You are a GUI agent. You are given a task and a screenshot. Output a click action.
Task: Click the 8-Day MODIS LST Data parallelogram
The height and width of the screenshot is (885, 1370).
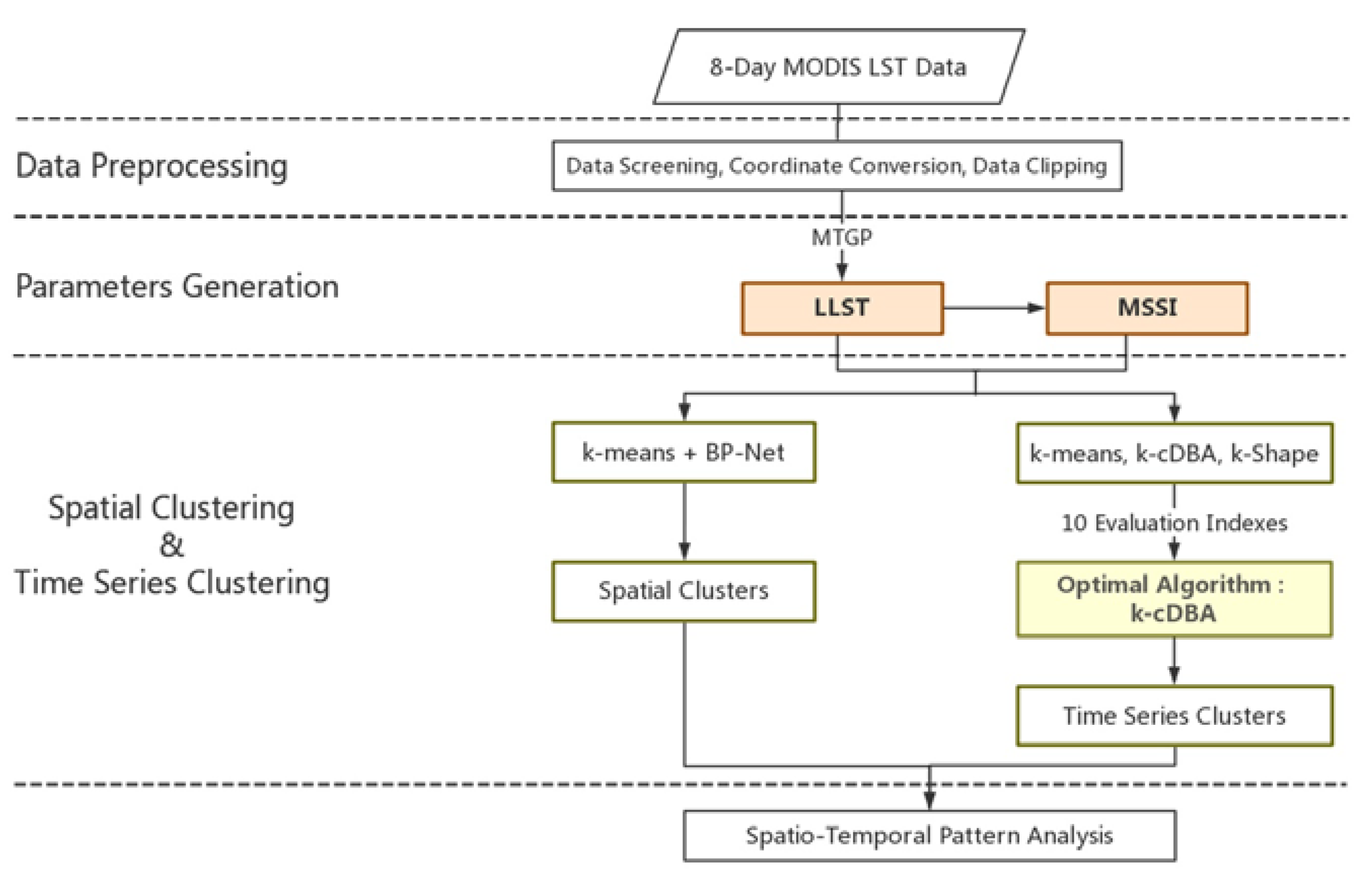click(x=838, y=67)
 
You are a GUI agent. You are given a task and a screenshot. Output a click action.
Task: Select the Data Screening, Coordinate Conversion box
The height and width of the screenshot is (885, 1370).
click(x=837, y=166)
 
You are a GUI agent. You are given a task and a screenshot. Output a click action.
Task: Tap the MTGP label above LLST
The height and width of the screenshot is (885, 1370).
click(x=841, y=237)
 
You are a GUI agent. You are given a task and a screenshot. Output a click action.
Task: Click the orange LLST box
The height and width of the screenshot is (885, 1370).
click(x=842, y=308)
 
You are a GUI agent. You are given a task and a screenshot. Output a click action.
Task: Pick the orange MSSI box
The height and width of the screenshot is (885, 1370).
click(x=1146, y=308)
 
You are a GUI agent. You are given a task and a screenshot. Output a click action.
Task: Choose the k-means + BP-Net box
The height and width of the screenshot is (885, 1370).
click(x=683, y=453)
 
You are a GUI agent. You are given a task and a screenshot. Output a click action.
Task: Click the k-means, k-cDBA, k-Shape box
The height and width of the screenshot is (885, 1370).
click(x=1174, y=454)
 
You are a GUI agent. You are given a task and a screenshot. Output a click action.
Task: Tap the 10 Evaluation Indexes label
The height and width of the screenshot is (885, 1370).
click(x=1174, y=524)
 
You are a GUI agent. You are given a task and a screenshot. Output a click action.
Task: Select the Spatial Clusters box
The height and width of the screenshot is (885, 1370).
click(x=683, y=592)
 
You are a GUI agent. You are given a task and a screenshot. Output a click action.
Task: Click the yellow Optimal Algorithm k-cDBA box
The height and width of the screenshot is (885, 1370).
click(x=1174, y=599)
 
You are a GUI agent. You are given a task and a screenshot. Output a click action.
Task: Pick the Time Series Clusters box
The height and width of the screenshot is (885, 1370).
click(x=1174, y=716)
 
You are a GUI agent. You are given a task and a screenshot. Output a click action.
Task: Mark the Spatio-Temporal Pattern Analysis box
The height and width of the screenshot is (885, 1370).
click(x=929, y=835)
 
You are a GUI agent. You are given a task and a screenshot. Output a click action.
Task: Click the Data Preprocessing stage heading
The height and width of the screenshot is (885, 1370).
click(x=151, y=166)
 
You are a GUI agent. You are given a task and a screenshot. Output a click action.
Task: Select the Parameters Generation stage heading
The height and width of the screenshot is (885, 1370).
click(x=176, y=286)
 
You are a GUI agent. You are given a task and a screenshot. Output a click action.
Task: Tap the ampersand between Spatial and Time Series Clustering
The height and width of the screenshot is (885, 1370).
click(x=171, y=545)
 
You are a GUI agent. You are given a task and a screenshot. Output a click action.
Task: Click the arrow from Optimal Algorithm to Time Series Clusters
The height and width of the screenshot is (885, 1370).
click(x=1174, y=661)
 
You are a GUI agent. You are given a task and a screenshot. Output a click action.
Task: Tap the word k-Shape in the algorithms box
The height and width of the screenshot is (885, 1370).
click(x=1274, y=454)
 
